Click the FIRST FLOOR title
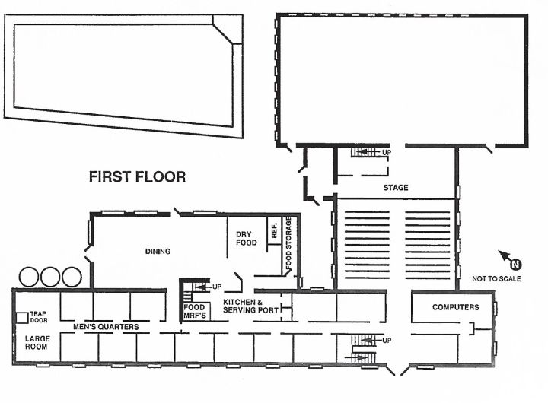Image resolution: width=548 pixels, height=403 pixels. point(137,176)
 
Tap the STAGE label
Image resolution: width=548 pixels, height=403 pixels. point(396,188)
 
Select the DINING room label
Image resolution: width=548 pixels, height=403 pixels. point(158,251)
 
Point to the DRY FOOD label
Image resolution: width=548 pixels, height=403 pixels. point(247,238)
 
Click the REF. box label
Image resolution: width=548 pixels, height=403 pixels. point(274,230)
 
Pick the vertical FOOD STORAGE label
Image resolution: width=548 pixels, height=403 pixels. point(288,243)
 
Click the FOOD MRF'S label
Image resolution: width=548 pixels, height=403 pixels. point(195,311)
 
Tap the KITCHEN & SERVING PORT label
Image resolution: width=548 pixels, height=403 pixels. point(250,306)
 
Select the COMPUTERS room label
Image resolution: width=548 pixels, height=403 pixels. point(456,307)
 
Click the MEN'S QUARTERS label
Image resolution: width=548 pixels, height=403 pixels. point(106,327)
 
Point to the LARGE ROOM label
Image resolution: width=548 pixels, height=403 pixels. point(37,343)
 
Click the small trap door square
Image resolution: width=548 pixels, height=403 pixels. point(22,317)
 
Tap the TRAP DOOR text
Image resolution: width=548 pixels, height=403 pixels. point(39,317)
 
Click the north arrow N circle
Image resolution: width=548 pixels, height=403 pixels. point(516,265)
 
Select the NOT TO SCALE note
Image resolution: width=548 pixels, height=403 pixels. point(496,278)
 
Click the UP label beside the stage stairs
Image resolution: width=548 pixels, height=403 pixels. point(386,153)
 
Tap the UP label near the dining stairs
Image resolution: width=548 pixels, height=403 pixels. point(217,287)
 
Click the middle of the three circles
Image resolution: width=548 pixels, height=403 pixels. point(50,277)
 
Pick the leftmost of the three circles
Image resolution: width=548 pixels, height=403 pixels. point(28,277)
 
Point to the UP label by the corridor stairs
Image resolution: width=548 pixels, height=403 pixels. point(387,340)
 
